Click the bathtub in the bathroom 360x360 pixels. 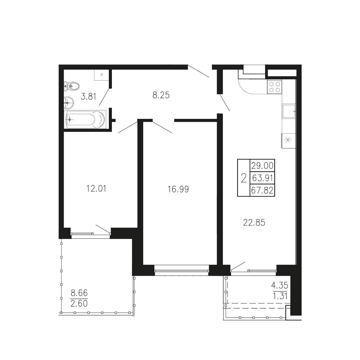pyautogui.click(x=85, y=119)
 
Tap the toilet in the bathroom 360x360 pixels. pyautogui.click(x=72, y=86)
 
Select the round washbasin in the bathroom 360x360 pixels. pyautogui.click(x=69, y=102)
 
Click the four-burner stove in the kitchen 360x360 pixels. pyautogui.click(x=274, y=87)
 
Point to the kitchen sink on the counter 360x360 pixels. pyautogui.click(x=289, y=111)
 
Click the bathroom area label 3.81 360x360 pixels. pyautogui.click(x=88, y=96)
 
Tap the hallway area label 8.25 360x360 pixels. pyautogui.click(x=161, y=95)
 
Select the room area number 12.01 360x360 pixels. pyautogui.click(x=96, y=189)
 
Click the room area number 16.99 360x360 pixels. pyautogui.click(x=178, y=189)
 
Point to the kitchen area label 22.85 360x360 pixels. pyautogui.click(x=254, y=223)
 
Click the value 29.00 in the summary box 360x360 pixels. pyautogui.click(x=262, y=165)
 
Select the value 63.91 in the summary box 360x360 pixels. pyautogui.click(x=262, y=178)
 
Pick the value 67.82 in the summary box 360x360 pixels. pyautogui.click(x=262, y=190)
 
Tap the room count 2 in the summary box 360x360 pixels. pyautogui.click(x=244, y=178)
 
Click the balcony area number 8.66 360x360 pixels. pyautogui.click(x=79, y=293)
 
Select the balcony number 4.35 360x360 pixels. pyautogui.click(x=280, y=286)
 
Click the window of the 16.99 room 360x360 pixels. pyautogui.click(x=182, y=270)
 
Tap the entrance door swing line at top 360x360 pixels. pyautogui.click(x=198, y=71)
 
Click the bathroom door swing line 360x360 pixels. pyautogui.click(x=104, y=97)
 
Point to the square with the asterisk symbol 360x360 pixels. pyautogui.click(x=288, y=140)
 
